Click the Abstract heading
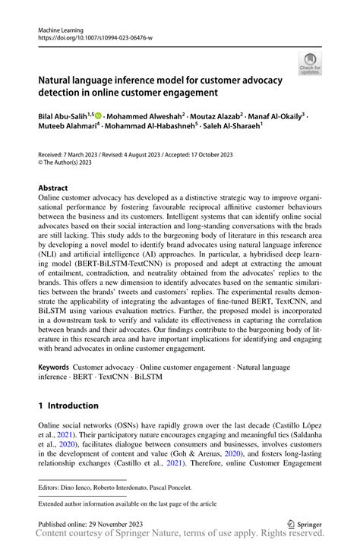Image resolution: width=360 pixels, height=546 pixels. click(x=53, y=187)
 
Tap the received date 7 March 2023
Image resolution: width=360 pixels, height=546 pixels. click(x=82, y=153)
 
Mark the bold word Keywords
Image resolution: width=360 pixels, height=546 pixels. click(x=56, y=367)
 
